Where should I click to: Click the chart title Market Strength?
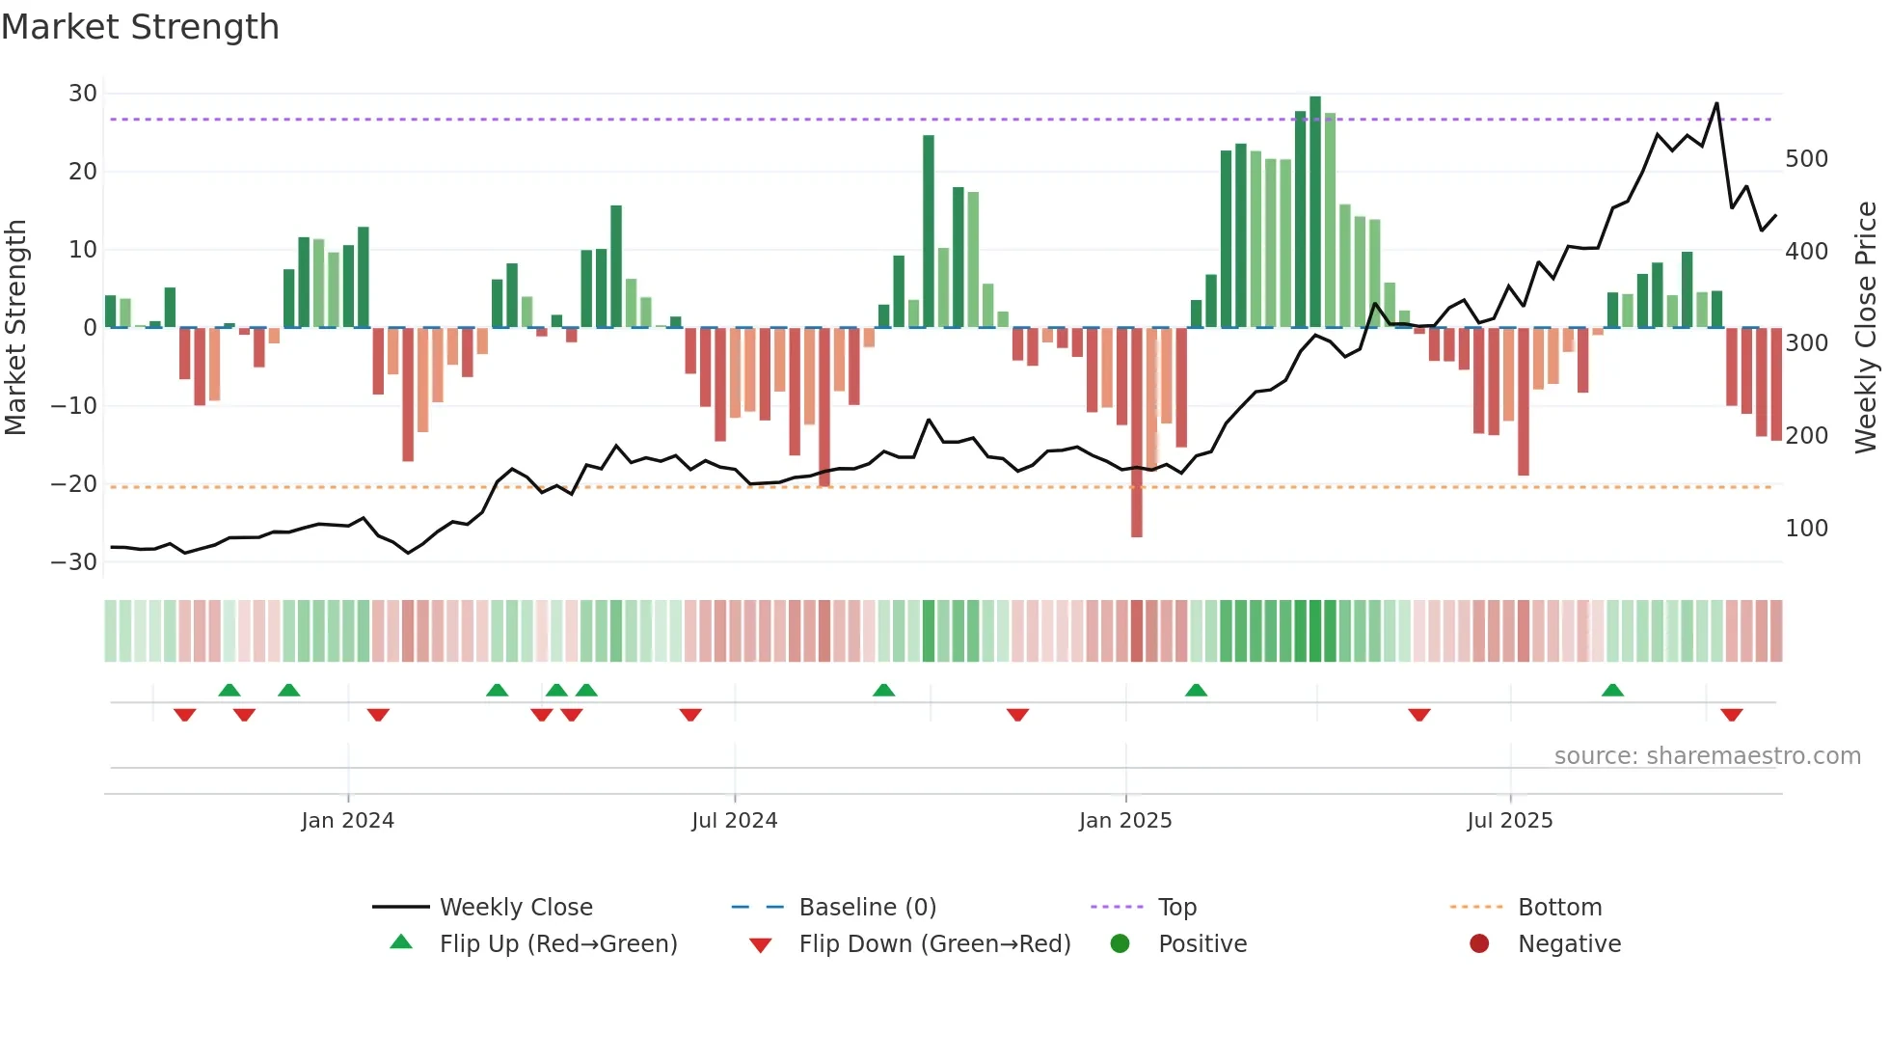point(140,27)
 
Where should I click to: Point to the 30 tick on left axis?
point(83,94)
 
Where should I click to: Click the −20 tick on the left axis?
point(75,484)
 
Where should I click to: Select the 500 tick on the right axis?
point(1806,159)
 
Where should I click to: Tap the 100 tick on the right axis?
point(1806,529)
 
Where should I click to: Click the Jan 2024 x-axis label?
point(347,821)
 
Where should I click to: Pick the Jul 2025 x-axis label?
point(1509,821)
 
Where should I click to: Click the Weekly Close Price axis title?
point(1866,328)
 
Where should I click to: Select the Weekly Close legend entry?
point(515,908)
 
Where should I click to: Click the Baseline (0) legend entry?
point(867,908)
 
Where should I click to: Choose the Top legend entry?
point(1176,908)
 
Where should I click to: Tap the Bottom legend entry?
point(1559,908)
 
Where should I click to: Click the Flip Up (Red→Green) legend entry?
point(557,944)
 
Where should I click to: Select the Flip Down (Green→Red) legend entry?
point(933,944)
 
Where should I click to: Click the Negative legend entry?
point(1569,944)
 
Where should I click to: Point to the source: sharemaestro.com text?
point(1707,756)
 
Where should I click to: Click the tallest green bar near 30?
point(1315,212)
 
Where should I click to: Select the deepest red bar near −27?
point(1137,434)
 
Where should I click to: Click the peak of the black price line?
point(1716,104)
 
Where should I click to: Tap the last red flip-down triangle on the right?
point(1731,715)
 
